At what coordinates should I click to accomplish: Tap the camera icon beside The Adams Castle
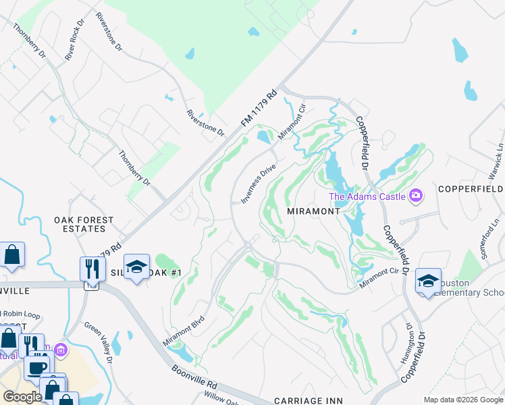(416, 196)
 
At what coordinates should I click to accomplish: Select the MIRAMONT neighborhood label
(313, 211)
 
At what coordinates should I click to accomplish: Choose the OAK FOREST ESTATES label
(84, 225)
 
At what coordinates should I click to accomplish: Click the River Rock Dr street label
(74, 45)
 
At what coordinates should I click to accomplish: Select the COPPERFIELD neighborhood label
(471, 188)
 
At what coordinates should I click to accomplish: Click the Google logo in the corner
(22, 397)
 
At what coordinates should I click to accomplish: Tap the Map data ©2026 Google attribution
(462, 400)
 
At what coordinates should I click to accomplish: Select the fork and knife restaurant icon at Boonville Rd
(92, 269)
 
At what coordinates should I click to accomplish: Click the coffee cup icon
(36, 369)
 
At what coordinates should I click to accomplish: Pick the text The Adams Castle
(367, 196)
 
